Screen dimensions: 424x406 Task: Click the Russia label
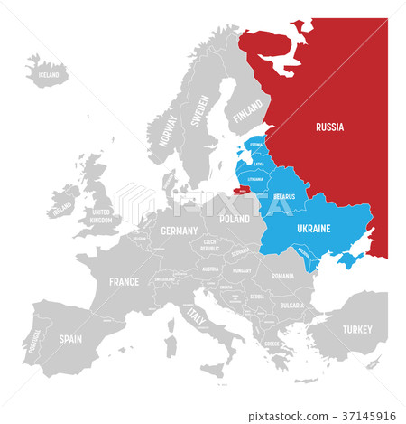tap(329, 128)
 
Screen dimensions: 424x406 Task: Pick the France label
tap(124, 281)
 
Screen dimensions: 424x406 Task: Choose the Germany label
tap(179, 231)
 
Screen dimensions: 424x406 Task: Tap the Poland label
tap(234, 218)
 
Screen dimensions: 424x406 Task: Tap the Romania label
tap(281, 276)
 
